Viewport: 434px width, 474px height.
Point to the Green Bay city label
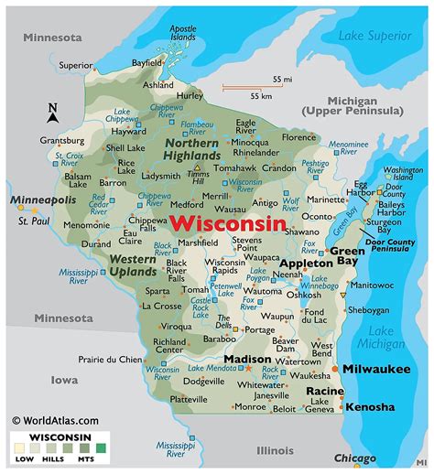347,255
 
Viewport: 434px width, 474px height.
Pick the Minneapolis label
43,199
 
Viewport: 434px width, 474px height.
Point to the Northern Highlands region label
191,149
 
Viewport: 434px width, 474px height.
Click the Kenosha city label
370,406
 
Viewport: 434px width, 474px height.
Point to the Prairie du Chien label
111,358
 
